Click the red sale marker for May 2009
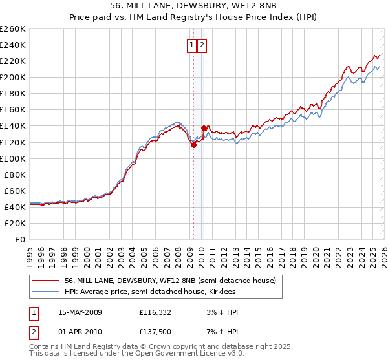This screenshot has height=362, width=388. pos(193,145)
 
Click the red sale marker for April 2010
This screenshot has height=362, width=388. pos(204,128)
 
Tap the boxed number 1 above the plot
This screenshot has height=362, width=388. pos(193,45)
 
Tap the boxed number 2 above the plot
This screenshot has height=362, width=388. pos(202,45)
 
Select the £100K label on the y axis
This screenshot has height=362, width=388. pos(12,158)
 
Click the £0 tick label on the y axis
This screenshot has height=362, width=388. pos(19,239)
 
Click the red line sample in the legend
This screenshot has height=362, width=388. pos(45,281)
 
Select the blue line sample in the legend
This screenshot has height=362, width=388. pos(45,292)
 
